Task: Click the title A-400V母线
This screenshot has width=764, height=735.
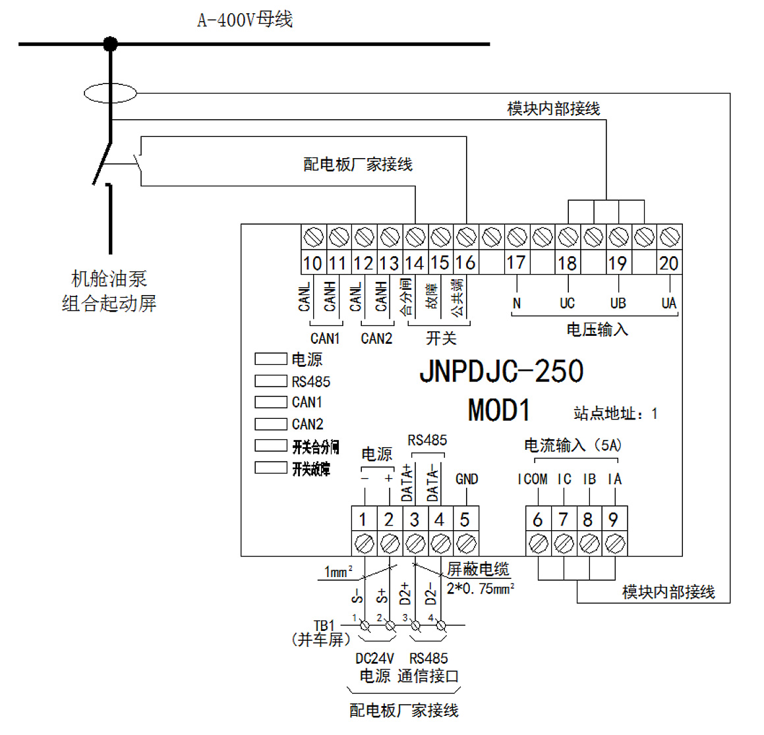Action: [245, 20]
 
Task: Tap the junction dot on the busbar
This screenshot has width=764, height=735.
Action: [110, 44]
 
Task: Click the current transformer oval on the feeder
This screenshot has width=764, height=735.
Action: [110, 93]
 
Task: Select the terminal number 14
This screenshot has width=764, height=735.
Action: [414, 263]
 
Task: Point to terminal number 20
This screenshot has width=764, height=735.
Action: [668, 263]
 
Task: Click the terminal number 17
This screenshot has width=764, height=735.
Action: [515, 263]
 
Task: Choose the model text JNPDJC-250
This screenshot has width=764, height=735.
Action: [501, 371]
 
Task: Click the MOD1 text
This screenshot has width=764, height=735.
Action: [498, 410]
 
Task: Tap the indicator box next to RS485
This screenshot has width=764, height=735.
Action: [270, 381]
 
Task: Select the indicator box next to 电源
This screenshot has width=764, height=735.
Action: [270, 359]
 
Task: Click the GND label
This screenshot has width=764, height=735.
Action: [467, 479]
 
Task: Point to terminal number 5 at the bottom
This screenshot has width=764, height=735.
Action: [465, 520]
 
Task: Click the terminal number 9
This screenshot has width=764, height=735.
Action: [613, 520]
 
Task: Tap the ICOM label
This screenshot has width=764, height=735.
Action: [532, 479]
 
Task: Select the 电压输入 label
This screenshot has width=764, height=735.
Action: [597, 329]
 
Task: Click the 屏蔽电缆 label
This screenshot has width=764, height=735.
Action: [478, 569]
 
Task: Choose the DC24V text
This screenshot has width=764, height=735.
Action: [374, 658]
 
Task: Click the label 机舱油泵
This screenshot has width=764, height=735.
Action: [109, 279]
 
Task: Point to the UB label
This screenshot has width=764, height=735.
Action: [618, 303]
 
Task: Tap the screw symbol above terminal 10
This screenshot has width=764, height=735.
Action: [313, 236]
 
